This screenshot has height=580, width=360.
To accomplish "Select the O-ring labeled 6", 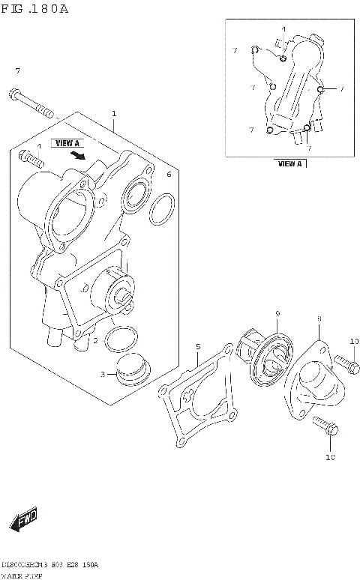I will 161,212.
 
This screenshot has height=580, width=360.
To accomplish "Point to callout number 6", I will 169,174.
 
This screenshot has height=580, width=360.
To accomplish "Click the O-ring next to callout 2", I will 119,339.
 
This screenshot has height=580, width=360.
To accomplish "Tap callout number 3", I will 103,373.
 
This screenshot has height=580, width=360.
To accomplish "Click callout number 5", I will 198,346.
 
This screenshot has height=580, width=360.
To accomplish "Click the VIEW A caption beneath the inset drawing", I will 289,163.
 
